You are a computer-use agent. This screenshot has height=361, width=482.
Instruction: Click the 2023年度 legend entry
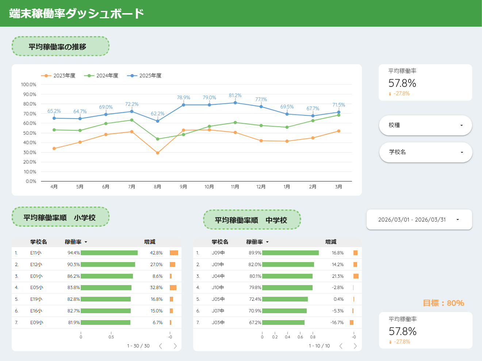point(58,76)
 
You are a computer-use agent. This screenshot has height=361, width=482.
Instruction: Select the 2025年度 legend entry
point(144,76)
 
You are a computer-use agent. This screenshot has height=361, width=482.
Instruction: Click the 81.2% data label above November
point(235,96)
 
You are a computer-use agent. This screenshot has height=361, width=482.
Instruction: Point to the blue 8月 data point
point(158,121)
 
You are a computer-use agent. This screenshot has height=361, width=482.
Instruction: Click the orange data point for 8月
point(158,153)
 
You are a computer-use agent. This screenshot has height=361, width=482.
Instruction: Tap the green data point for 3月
point(338,115)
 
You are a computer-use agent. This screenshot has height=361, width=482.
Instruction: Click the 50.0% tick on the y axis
point(30,133)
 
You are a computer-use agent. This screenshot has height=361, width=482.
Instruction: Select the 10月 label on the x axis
point(209,187)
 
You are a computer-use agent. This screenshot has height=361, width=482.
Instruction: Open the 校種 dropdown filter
point(425,125)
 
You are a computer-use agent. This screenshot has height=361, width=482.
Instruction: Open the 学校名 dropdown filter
point(425,152)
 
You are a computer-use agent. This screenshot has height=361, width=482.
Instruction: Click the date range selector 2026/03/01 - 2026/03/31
point(419,220)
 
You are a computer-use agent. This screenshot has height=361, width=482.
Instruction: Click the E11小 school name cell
point(36,253)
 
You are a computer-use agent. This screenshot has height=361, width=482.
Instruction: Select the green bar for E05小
point(106,288)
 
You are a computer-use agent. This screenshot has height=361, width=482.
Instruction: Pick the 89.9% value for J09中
point(255,253)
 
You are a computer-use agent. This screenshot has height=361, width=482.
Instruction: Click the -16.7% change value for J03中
point(337,322)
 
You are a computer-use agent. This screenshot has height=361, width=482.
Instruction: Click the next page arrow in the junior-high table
point(355,346)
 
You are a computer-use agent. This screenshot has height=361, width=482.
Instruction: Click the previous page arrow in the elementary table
point(161,346)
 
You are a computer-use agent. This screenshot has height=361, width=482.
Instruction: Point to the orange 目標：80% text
point(443,303)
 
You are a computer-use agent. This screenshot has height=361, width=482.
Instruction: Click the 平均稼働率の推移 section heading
point(57,47)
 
